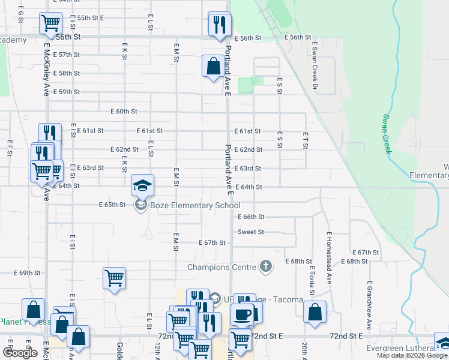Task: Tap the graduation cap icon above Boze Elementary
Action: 143,185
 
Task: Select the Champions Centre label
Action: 222,267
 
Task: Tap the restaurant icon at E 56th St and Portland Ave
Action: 219,24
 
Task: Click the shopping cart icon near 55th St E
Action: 50,23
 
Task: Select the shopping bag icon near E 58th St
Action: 213,66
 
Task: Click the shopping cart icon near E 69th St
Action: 114,278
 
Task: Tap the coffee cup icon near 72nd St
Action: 242,314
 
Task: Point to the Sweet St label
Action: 251,232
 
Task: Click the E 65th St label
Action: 112,205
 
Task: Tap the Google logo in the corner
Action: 20,353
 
